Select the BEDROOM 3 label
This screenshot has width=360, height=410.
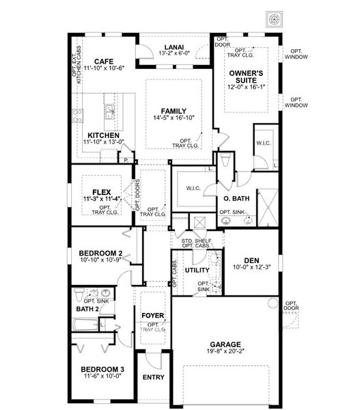click(x=100, y=369)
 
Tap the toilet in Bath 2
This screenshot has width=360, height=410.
click(x=80, y=296)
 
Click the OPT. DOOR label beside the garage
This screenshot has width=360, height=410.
click(x=292, y=306)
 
